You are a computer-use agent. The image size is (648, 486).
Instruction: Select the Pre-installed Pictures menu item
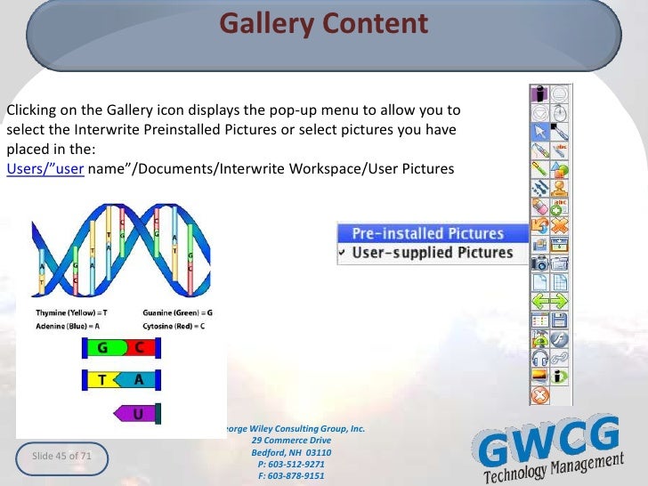coord(427,233)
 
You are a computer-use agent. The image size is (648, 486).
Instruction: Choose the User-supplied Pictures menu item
coord(433,253)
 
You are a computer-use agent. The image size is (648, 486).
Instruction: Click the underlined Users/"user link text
coord(45,169)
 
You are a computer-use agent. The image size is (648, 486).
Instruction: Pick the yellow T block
coord(104,380)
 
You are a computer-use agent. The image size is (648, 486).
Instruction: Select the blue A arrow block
coord(138,380)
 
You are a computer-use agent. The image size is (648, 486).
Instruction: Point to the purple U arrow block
coord(135,414)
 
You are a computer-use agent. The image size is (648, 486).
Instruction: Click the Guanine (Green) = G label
coord(177,312)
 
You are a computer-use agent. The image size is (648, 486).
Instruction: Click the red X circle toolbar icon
coord(539,394)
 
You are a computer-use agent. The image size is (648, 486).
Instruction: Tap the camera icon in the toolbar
coord(539,263)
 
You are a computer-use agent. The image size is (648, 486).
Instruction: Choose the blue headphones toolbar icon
coord(539,358)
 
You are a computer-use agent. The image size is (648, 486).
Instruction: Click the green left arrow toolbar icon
coord(539,301)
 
